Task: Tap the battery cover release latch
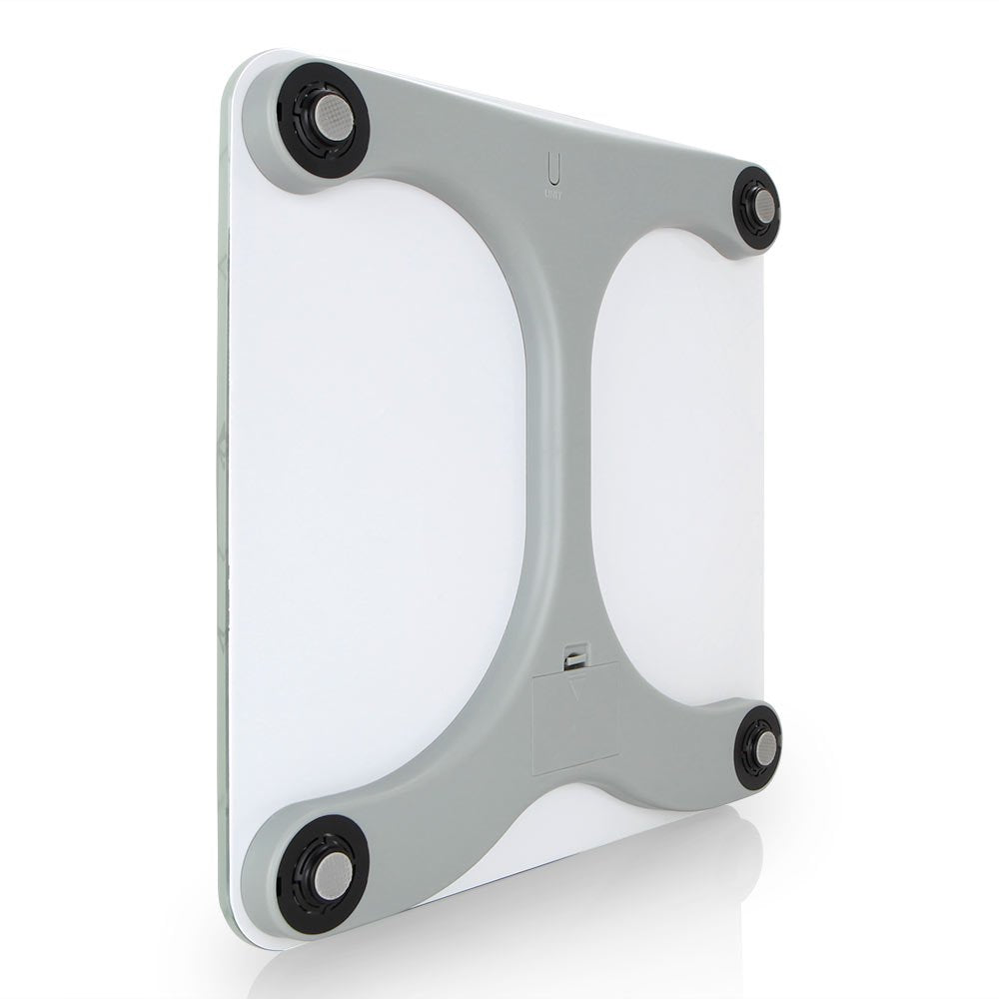pos(576,656)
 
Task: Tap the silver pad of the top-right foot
pos(763,208)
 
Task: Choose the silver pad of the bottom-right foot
pos(763,748)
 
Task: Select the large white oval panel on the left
pos(380,480)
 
